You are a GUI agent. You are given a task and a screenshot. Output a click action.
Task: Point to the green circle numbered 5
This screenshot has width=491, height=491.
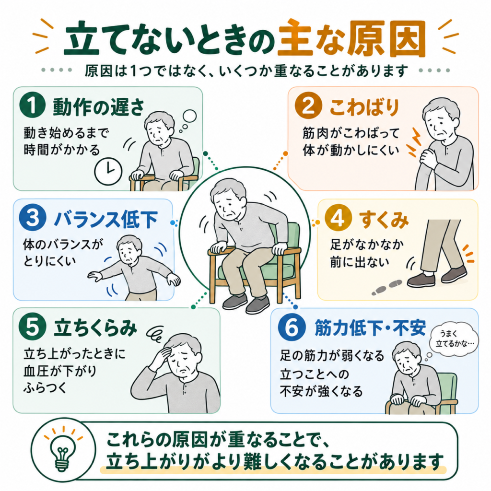pos(33,327)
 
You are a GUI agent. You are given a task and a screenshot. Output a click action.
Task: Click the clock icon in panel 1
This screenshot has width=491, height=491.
pos(108,171)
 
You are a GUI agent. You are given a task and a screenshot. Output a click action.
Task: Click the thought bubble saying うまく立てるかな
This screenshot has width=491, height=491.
pos(455,339)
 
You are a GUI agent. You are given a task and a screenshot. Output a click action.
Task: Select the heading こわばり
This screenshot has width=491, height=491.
pos(364,107)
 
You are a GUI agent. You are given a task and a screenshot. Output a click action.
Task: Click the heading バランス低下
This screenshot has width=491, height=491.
pos(105,220)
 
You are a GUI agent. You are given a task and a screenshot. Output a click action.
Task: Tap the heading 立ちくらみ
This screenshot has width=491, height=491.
pos(95,328)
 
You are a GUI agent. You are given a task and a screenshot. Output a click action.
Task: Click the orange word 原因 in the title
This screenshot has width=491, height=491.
pos(387,38)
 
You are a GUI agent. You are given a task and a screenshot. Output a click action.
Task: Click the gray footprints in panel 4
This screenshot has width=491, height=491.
pos(387,287)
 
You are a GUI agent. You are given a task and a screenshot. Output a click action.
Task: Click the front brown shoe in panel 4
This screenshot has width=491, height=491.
pos(421,279)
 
